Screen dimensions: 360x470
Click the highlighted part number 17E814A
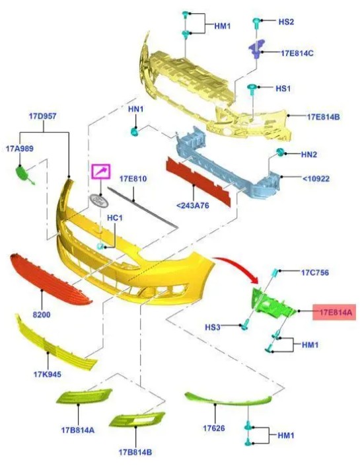[334, 312]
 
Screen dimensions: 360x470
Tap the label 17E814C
[297, 54]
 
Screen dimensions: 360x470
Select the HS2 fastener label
[286, 22]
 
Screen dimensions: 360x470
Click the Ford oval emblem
[98, 200]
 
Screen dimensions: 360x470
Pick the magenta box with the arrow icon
[101, 172]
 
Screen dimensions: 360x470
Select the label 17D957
[42, 116]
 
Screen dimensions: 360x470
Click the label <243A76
[193, 206]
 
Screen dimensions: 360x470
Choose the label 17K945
[48, 374]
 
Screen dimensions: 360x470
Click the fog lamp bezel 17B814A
[84, 396]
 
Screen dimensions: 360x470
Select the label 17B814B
[135, 452]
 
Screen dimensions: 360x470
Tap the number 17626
[214, 428]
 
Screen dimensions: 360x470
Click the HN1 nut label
[135, 110]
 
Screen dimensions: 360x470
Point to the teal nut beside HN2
[280, 152]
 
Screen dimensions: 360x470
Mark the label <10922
[316, 179]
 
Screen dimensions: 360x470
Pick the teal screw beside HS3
[245, 325]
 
